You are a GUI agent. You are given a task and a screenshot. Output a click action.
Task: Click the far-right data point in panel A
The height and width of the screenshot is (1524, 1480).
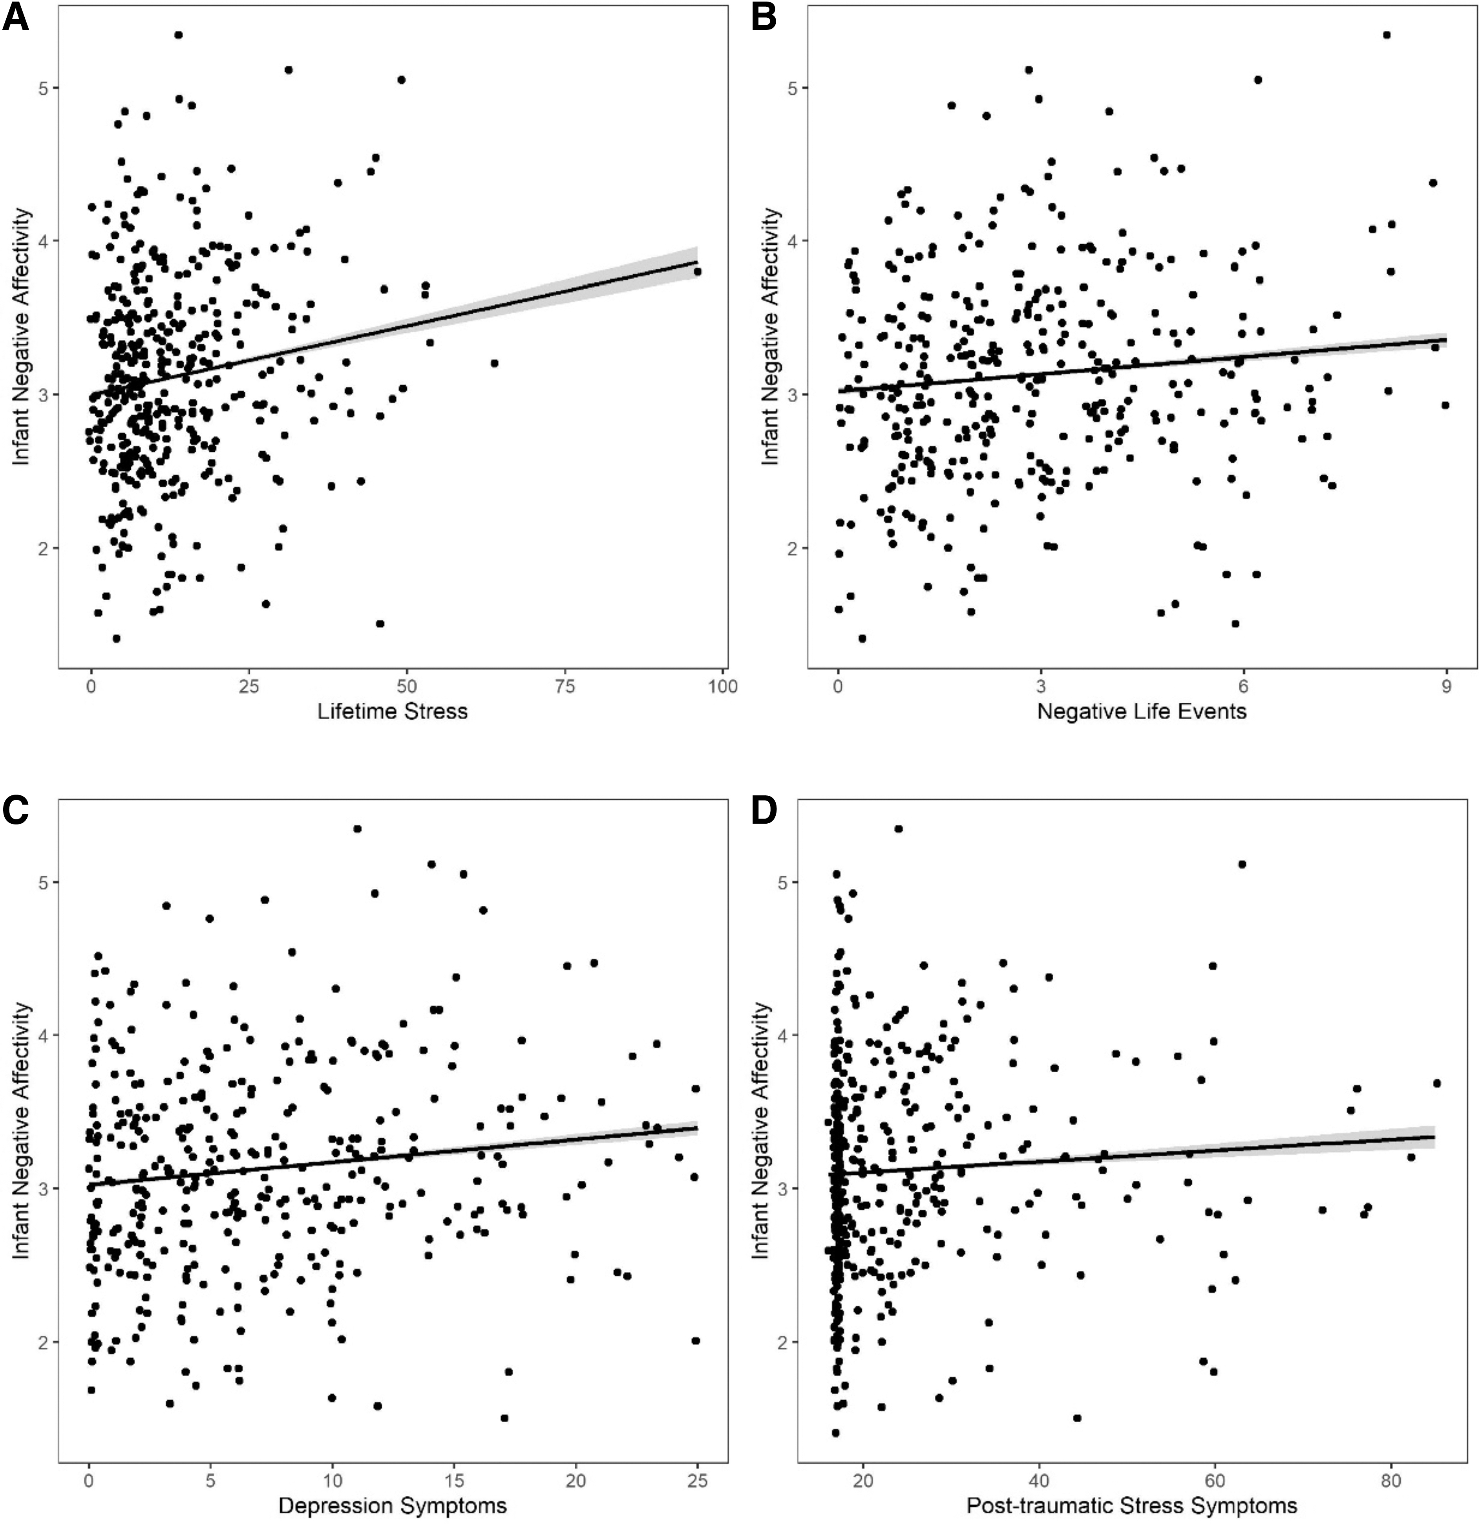pyautogui.click(x=697, y=271)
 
